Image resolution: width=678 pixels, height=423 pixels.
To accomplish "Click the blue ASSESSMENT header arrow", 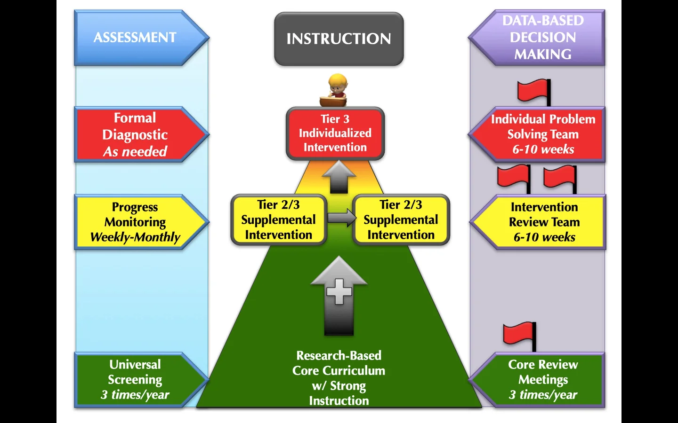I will click(136, 38).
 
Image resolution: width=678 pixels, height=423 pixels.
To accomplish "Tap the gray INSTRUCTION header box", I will click(339, 39).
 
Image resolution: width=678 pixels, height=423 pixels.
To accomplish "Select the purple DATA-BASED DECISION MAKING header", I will click(542, 38).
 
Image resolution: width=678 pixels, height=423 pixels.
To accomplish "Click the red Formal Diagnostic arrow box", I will click(136, 134).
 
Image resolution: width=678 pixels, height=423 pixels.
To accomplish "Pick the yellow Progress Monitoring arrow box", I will click(136, 222).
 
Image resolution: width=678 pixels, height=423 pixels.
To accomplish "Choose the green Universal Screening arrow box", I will click(136, 379).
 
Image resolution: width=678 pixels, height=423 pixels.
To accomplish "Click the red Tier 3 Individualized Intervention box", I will click(335, 133).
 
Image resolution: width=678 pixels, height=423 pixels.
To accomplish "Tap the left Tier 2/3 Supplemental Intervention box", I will click(278, 220).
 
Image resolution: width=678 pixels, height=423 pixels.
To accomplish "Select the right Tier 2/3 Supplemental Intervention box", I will click(401, 220).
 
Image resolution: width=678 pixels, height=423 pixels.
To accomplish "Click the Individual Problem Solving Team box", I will click(543, 134).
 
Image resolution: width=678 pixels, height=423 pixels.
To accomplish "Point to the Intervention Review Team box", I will click(544, 222).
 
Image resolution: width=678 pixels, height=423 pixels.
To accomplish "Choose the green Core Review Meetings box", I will click(543, 379).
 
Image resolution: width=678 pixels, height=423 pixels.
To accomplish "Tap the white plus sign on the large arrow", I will click(339, 291).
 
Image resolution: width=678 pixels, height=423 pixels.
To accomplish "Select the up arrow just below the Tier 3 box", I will click(339, 177).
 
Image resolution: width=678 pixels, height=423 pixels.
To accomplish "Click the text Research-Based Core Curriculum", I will click(339, 363).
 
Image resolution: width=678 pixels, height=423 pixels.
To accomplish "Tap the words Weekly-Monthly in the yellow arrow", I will click(135, 237).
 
